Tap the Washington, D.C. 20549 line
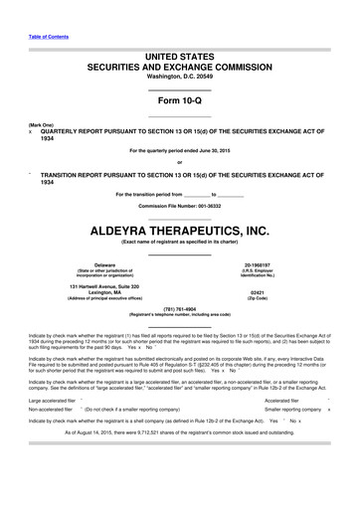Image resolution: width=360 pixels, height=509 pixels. pyautogui.click(x=180, y=77)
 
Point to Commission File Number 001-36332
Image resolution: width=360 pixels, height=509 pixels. pyautogui.click(x=179, y=204)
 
